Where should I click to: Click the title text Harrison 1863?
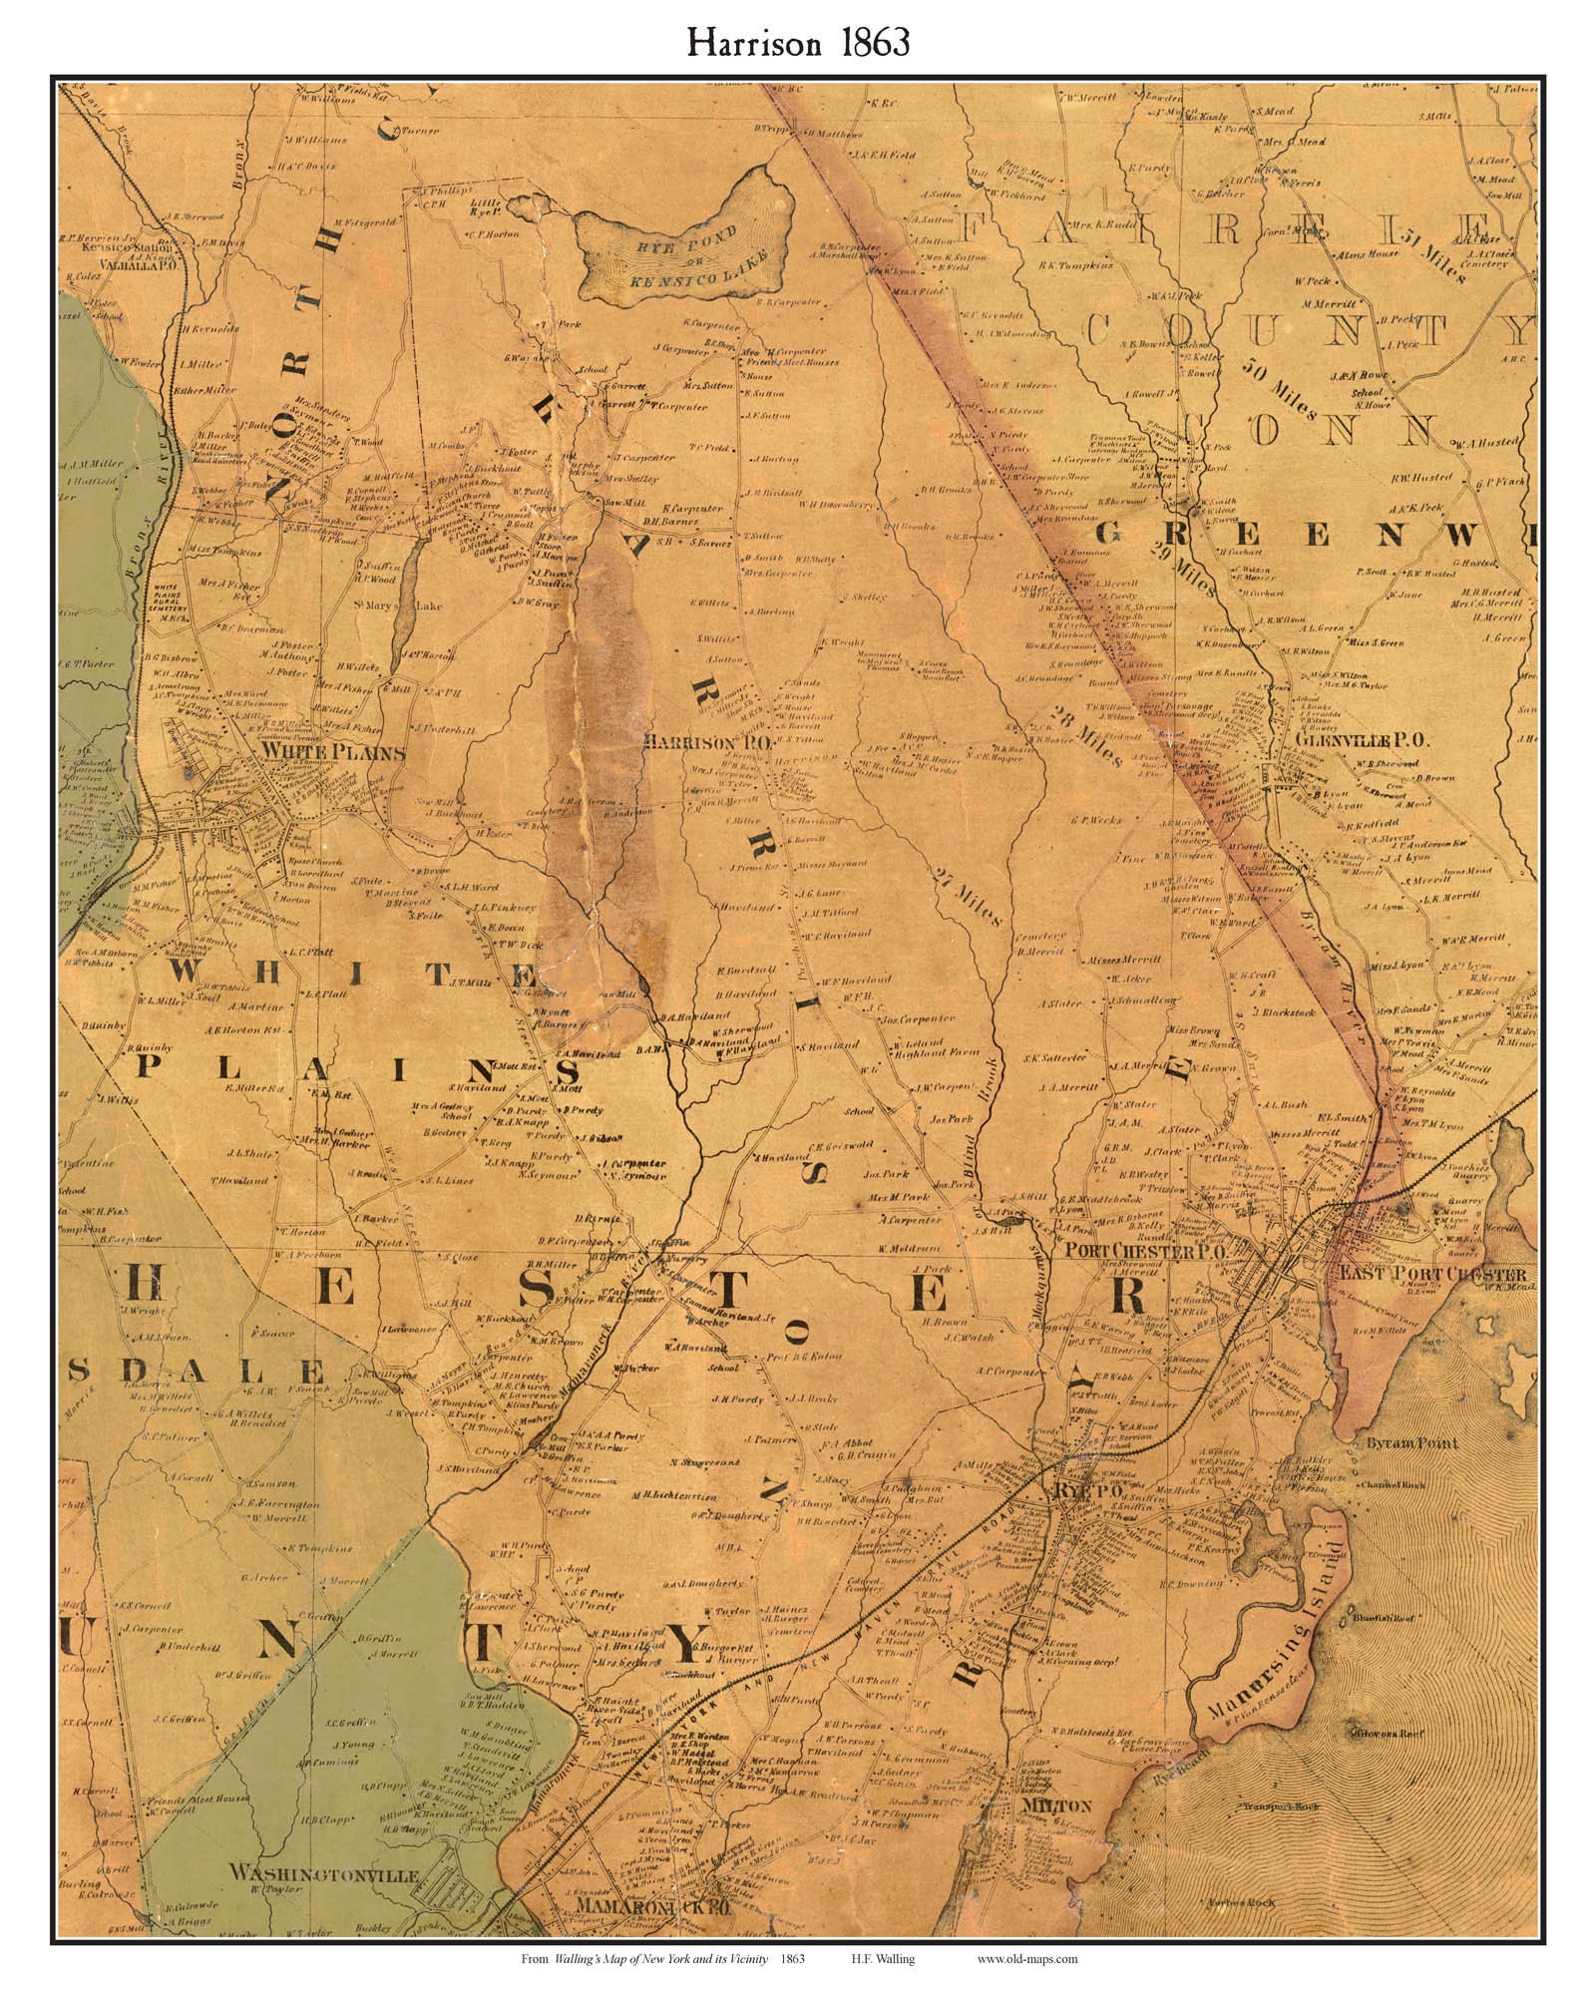tap(797, 44)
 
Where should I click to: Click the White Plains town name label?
tap(332, 752)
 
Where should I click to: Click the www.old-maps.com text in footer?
tap(1026, 1960)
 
